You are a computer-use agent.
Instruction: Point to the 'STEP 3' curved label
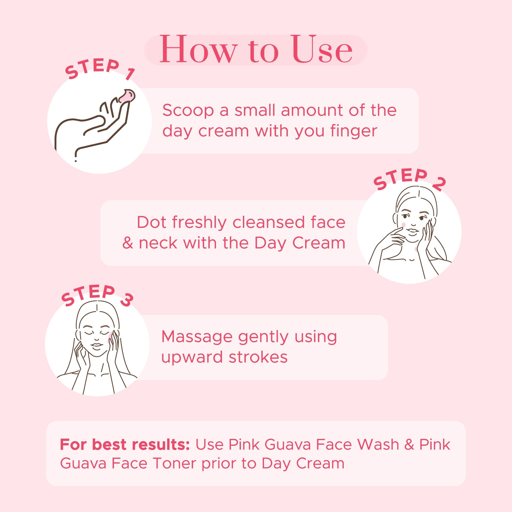[x=97, y=296]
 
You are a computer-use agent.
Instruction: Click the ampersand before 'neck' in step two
[x=127, y=243]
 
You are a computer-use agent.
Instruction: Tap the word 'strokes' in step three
[x=258, y=357]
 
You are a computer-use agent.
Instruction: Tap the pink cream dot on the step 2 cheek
[x=404, y=225]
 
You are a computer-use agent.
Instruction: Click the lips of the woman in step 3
[x=97, y=345]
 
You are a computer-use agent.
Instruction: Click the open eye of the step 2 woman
[x=421, y=218]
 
